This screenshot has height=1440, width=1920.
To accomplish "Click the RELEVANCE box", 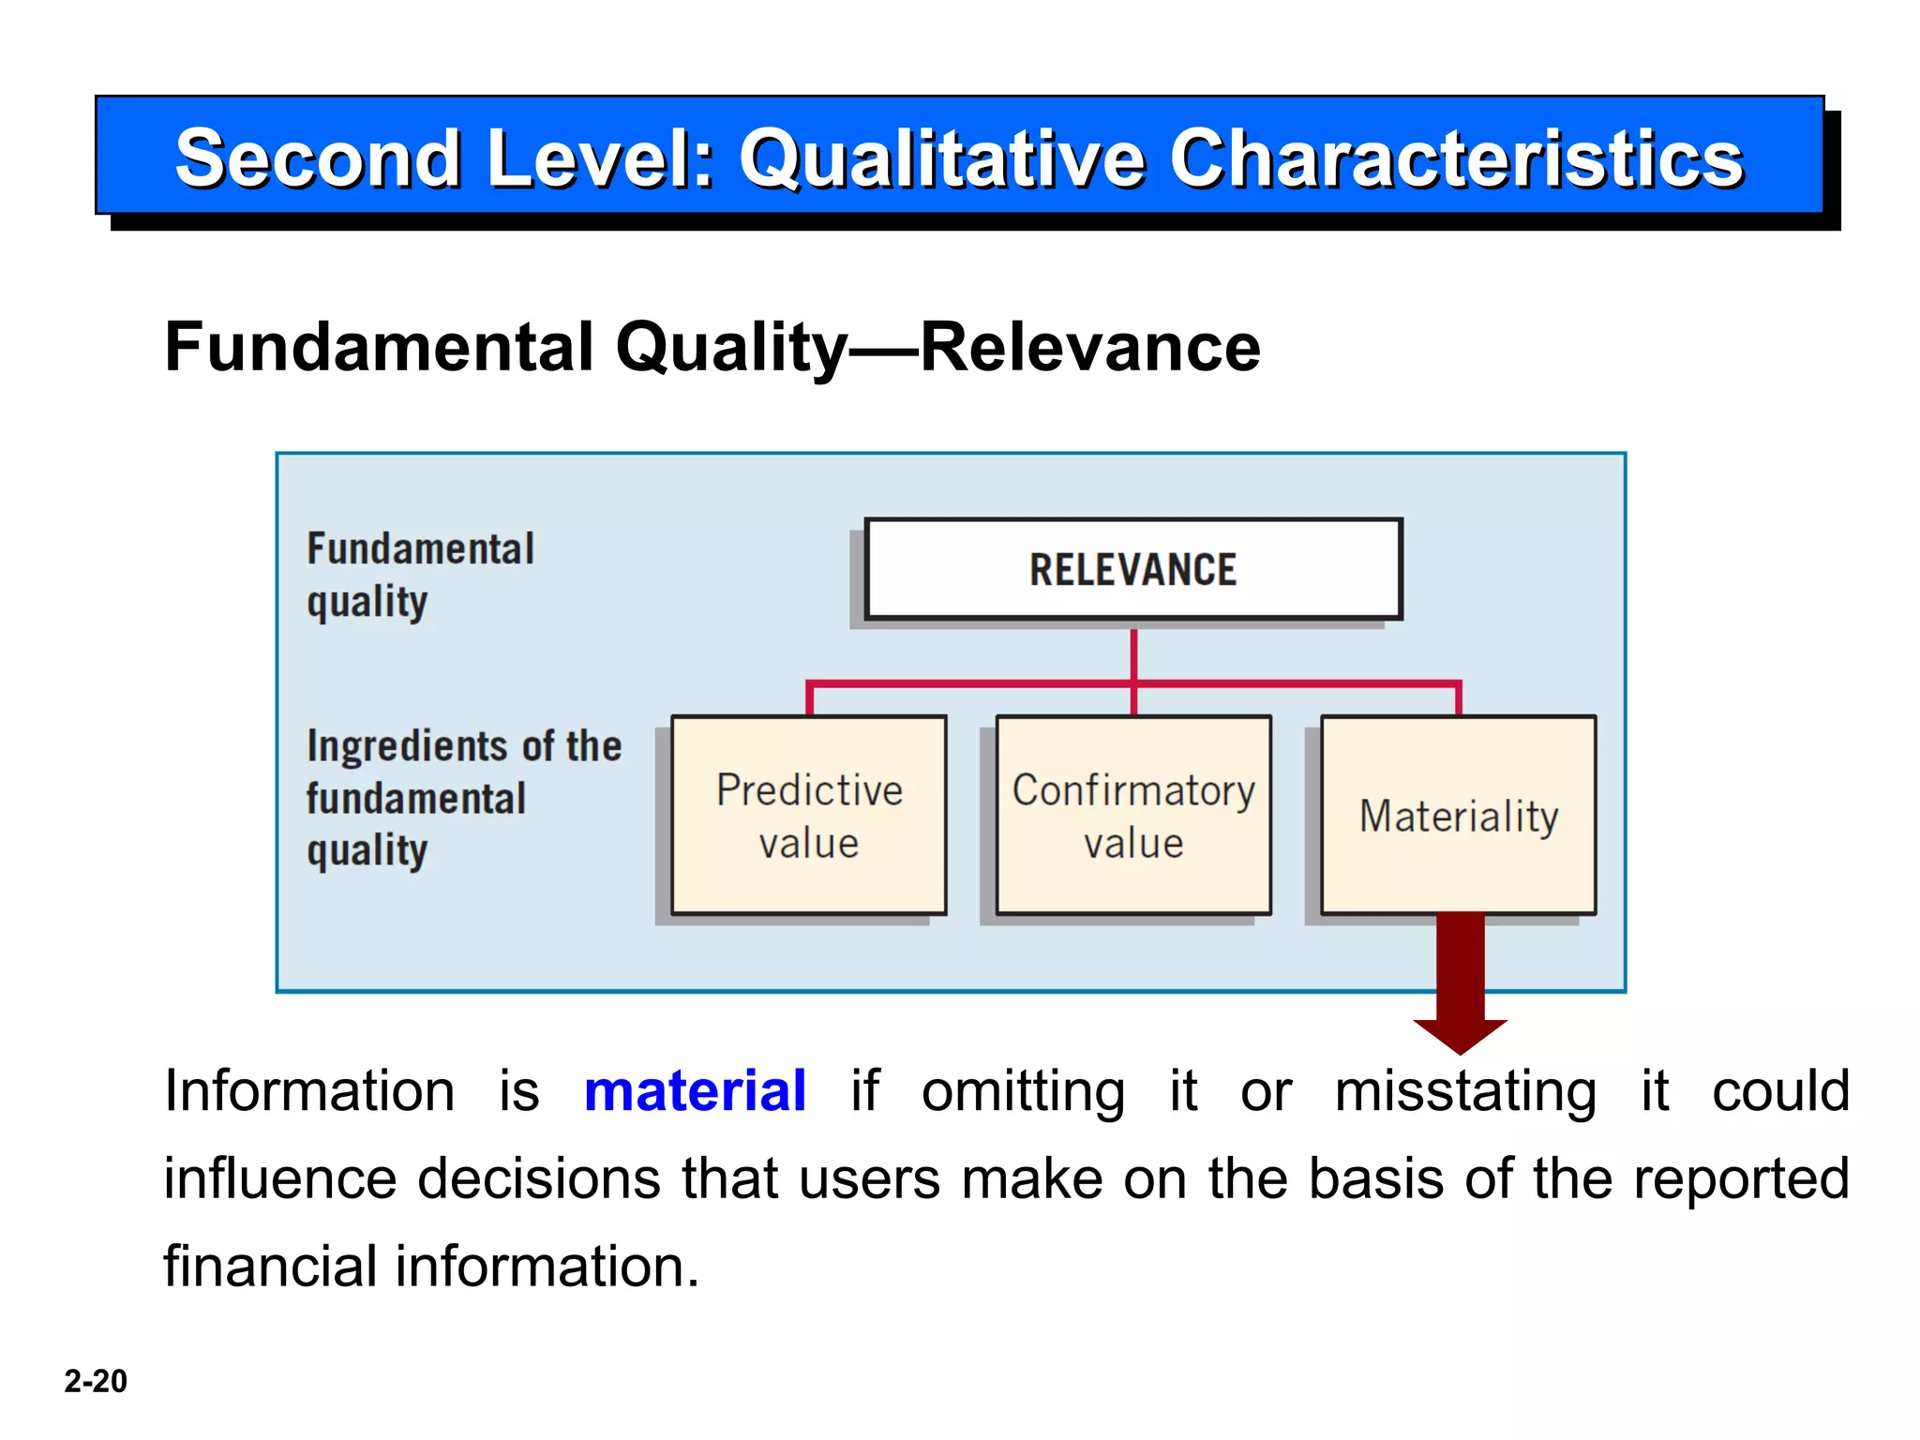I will [1132, 569].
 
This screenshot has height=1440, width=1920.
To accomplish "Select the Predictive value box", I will [809, 815].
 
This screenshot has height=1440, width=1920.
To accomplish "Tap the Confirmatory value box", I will [1133, 815].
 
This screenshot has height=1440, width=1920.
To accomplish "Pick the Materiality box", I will [1458, 815].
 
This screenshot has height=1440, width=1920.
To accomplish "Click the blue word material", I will [694, 1091].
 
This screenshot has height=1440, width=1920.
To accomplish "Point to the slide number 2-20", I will [96, 1381].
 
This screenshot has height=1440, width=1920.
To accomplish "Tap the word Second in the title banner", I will [319, 158].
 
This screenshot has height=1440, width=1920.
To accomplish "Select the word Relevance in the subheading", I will [1090, 348].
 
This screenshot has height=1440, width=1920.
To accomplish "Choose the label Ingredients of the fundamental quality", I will [463, 798].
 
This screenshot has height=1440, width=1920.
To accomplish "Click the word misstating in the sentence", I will [1465, 1091].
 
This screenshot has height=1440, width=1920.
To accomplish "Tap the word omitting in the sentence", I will [1023, 1091].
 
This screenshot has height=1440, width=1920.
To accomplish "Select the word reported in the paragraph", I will [1741, 1178].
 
